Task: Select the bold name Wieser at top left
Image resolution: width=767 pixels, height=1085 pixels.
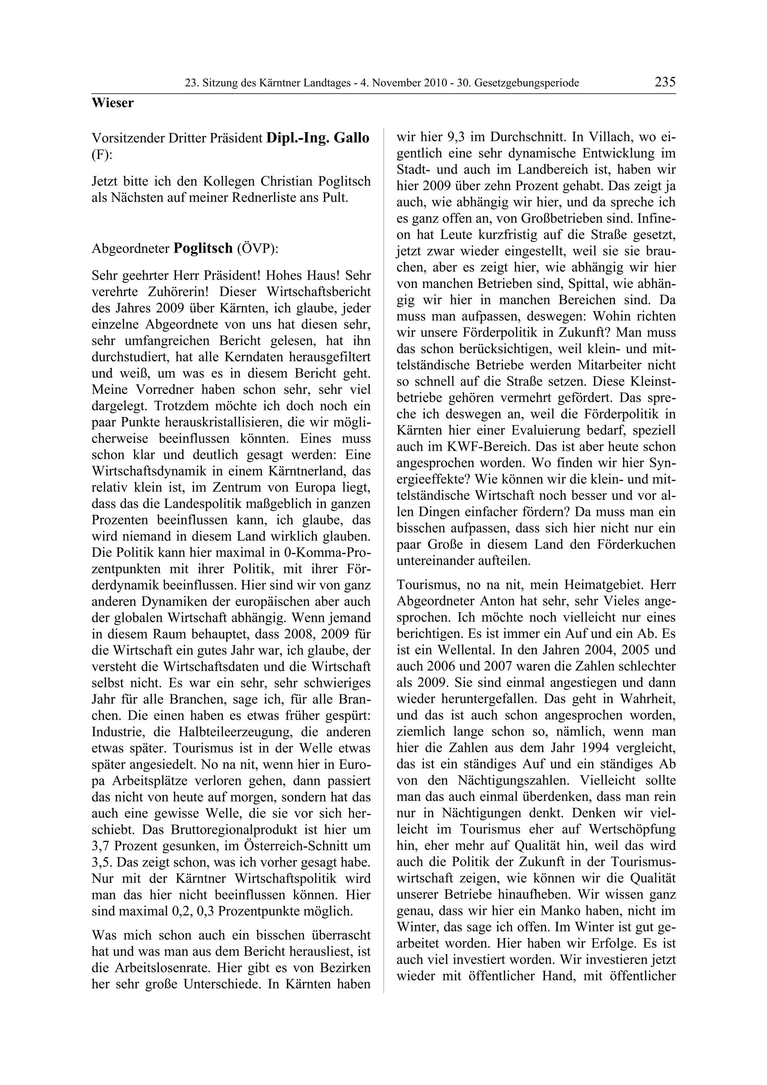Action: coord(112,103)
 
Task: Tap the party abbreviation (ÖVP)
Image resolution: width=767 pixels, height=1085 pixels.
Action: coord(257,249)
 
